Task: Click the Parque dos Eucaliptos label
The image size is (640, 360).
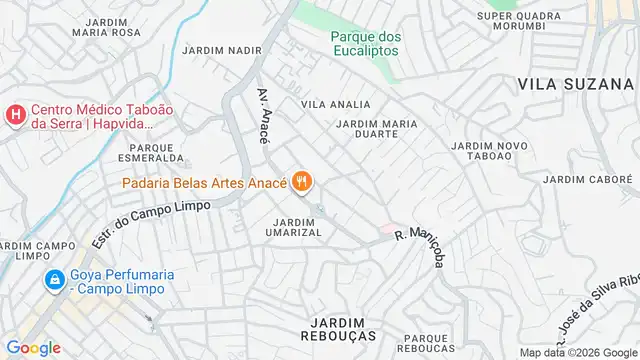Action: coord(366,45)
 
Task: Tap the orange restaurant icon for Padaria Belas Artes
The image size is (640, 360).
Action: coord(303,182)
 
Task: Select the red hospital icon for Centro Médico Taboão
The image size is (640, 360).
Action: coord(14,116)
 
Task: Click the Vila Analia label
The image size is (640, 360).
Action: coord(336,104)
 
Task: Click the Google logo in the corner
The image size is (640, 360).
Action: coord(33,348)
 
